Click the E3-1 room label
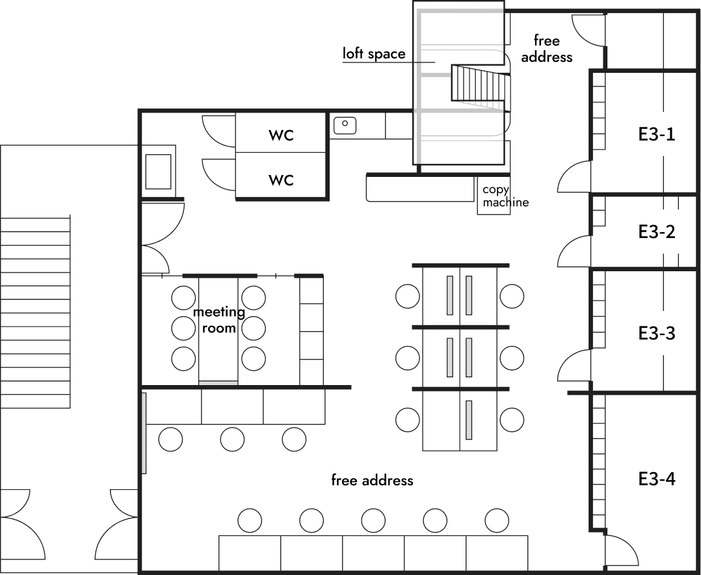656,134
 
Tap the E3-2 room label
656,232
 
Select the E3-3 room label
656,333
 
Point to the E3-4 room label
656,479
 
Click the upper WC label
281,135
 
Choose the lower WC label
281,180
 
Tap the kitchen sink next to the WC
345,125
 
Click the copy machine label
505,196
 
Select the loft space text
374,53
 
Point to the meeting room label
218,319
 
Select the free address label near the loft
546,49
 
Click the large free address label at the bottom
372,480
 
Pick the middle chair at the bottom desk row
373,520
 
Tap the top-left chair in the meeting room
184,298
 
